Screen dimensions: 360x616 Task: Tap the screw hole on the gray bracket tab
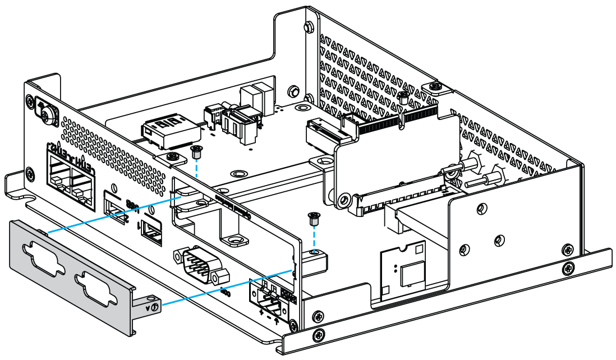tap(154, 306)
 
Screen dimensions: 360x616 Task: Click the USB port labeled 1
tap(150, 232)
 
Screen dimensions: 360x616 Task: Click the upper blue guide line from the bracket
tap(112, 213)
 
